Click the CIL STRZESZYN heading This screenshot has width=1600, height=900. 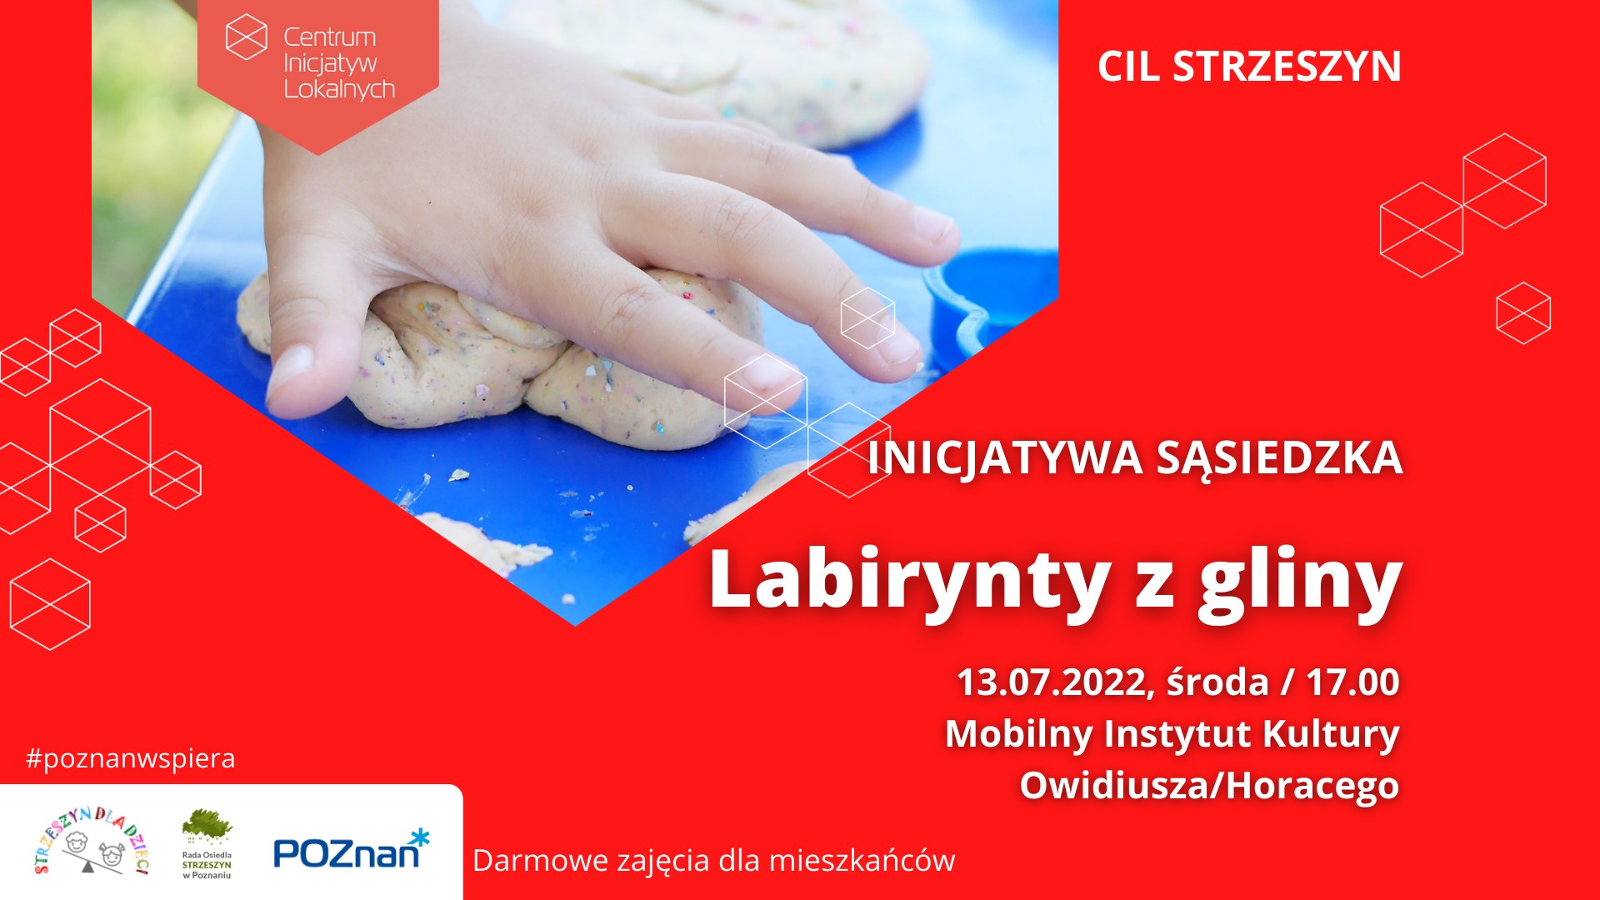tap(1249, 67)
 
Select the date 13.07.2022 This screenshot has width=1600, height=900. tap(1052, 682)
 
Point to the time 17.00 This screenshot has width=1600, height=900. tap(1352, 682)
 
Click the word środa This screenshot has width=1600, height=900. tap(1217, 682)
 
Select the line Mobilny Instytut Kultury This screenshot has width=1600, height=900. tap(1172, 734)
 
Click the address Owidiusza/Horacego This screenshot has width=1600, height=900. tap(1209, 786)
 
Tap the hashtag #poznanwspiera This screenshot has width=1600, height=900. tap(131, 759)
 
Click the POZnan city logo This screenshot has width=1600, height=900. tap(351, 849)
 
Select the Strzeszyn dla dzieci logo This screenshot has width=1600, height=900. tap(92, 841)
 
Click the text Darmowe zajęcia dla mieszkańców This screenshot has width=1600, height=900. tap(713, 861)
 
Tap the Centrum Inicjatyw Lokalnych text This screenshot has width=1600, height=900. tap(339, 63)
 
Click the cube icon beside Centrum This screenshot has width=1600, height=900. tap(247, 37)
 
